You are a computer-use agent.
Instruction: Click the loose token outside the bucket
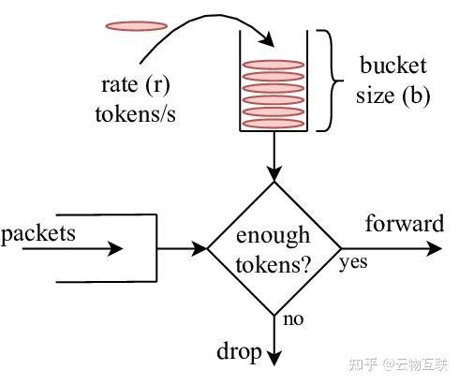tap(136, 25)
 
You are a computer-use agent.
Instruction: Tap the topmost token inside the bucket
tap(274, 65)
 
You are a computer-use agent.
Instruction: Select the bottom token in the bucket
tap(274, 123)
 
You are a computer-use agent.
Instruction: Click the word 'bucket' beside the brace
tap(393, 67)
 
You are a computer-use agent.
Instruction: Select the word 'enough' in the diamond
tap(273, 235)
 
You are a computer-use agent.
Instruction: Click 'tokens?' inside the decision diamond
tap(273, 263)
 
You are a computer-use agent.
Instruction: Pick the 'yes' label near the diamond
tap(353, 261)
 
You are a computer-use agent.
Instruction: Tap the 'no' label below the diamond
tap(293, 319)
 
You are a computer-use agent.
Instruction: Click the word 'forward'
tap(404, 224)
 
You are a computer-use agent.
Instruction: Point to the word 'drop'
tap(238, 351)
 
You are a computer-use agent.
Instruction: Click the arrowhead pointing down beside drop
tap(274, 357)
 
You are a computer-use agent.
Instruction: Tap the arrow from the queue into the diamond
tap(183, 249)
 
